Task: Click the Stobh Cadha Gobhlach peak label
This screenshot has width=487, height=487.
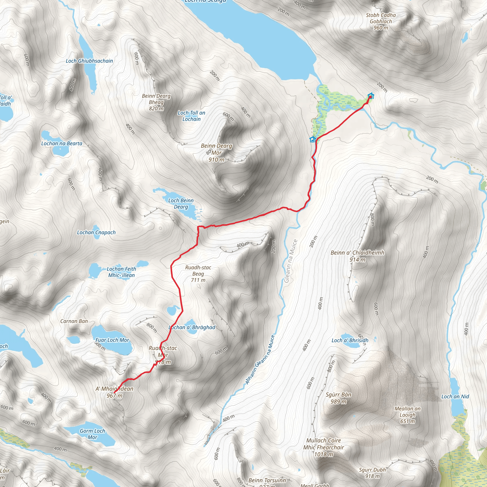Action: (x=381, y=21)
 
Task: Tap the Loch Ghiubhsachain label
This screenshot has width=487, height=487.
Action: (x=89, y=61)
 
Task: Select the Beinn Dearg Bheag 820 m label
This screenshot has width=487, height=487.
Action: (x=156, y=102)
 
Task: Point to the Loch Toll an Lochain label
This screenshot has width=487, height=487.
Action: (x=191, y=116)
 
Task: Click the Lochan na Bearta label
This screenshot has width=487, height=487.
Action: (x=62, y=143)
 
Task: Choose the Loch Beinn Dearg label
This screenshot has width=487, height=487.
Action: (x=181, y=203)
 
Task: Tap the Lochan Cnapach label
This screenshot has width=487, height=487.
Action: (x=96, y=232)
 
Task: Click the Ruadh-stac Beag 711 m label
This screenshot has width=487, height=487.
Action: (x=198, y=273)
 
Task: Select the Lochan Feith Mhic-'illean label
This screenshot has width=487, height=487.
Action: (x=122, y=272)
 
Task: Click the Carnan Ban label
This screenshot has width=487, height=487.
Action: (x=74, y=321)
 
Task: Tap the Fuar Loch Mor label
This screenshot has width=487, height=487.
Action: (x=112, y=340)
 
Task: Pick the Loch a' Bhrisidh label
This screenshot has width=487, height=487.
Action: (x=350, y=340)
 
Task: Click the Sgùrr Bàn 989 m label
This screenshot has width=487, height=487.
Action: (x=338, y=398)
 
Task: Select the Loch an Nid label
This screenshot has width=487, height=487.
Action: (x=455, y=396)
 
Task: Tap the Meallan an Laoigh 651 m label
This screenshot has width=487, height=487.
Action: (x=407, y=415)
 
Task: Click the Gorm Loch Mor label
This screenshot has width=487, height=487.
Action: (x=92, y=434)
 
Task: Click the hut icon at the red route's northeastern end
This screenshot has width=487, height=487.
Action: (x=371, y=96)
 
